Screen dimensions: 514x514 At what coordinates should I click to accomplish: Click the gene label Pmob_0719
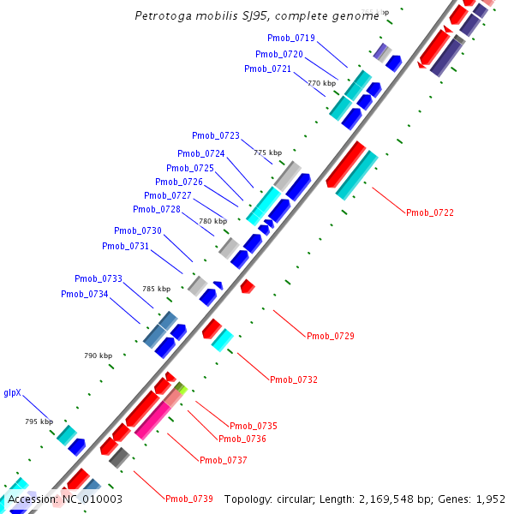point(291,39)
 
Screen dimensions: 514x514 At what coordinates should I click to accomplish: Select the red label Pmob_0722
point(430,212)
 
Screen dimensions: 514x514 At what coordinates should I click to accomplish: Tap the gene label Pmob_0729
point(331,336)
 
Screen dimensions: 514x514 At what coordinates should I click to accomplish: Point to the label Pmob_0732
point(294,380)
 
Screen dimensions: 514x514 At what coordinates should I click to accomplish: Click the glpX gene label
point(12,394)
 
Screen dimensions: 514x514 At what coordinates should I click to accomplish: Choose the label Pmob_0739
point(189,499)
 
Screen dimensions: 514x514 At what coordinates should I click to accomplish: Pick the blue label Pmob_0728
point(157,210)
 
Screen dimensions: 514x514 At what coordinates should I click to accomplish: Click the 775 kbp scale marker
point(267,152)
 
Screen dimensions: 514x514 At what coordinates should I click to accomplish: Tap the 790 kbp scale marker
point(98,356)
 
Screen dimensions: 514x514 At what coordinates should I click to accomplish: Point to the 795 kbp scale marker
point(39,422)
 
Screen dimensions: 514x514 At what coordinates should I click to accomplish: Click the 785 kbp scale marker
point(156,290)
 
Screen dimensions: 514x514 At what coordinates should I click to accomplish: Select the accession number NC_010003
point(93,499)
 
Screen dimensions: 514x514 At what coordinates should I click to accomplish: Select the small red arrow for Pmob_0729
point(247,286)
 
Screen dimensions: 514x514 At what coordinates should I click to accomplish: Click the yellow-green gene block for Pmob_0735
point(180,388)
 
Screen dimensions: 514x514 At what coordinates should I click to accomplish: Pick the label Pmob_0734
point(85,295)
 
